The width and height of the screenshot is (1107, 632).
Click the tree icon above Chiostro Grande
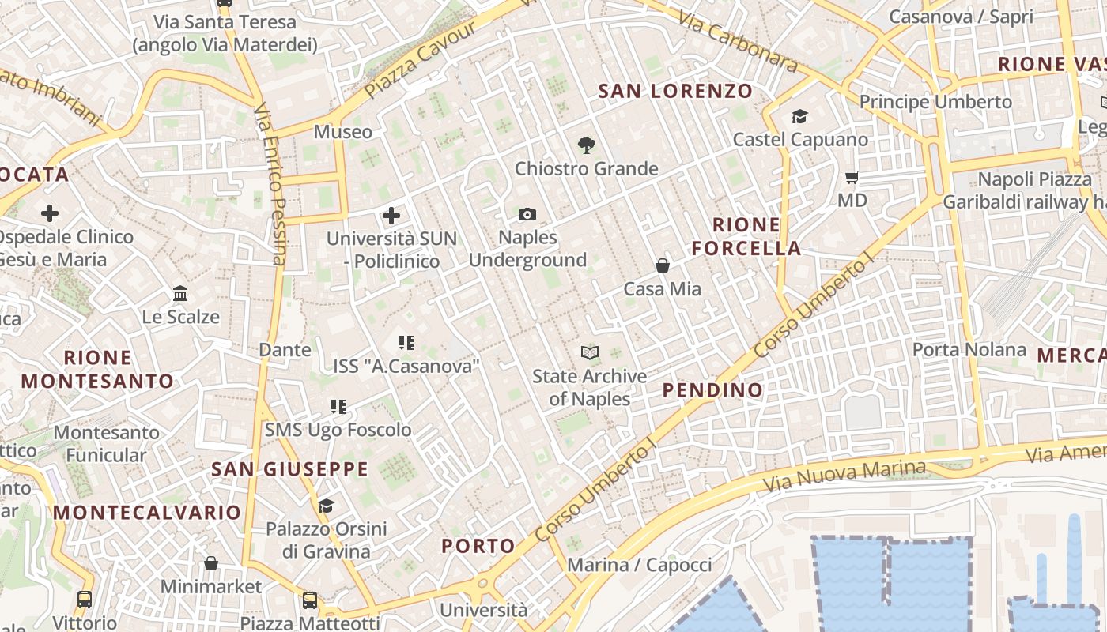point(586,145)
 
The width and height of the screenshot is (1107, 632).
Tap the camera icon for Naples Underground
point(527,214)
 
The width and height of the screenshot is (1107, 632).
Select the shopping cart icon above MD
point(852,177)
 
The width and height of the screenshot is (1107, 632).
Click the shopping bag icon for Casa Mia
point(663,265)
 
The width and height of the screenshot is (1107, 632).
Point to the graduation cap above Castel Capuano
point(799,117)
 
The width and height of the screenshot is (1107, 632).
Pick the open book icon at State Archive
point(589,352)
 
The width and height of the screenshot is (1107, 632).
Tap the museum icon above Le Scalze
point(180,294)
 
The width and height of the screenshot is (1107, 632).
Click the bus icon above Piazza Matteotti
point(310,600)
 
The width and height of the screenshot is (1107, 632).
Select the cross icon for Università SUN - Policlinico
point(391,215)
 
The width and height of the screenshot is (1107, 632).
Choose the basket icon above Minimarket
point(210,563)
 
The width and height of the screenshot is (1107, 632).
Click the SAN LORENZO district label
point(675,92)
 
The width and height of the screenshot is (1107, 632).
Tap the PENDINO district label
point(712,389)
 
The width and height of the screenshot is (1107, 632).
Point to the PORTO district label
point(478,546)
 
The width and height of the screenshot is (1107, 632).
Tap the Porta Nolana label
point(969,349)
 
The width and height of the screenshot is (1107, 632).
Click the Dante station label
point(285,349)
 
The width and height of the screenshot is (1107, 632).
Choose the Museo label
point(343,132)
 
